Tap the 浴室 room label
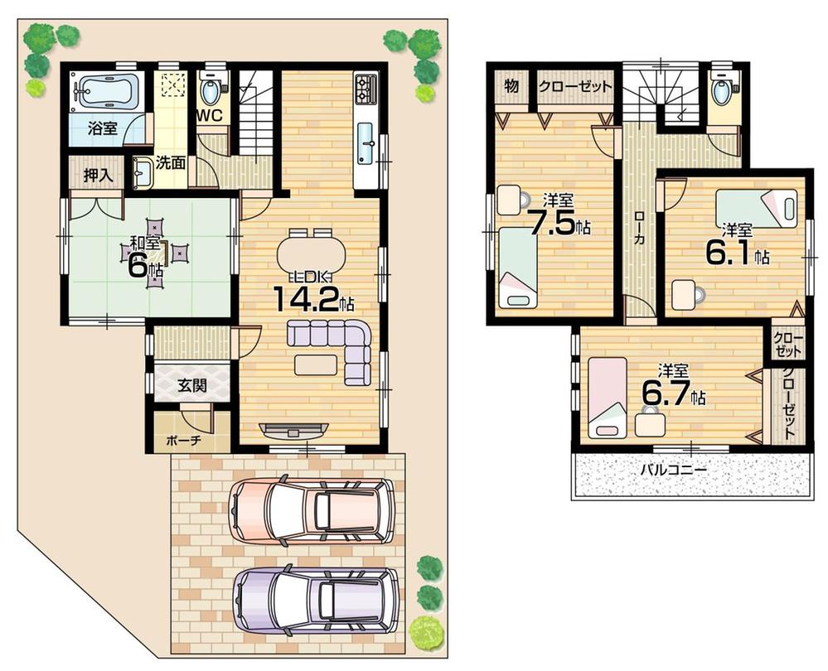point(104,128)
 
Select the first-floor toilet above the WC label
point(210,88)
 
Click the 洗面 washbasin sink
point(142,173)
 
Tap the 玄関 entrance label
point(191,384)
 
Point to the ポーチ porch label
point(183,441)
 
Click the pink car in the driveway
point(312,512)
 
